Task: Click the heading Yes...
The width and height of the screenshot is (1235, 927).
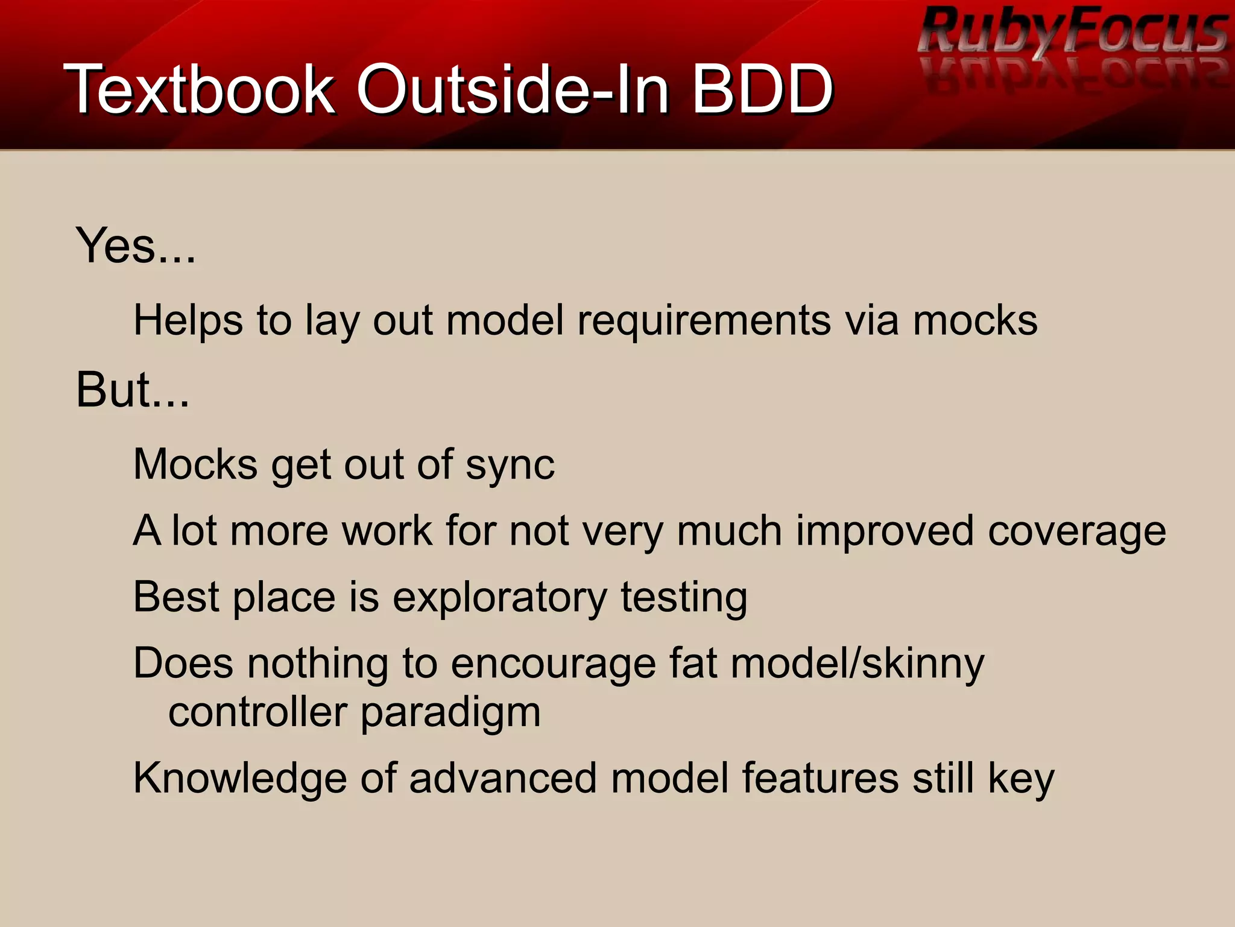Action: [x=135, y=245]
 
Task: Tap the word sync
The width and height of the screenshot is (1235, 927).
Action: [x=510, y=465]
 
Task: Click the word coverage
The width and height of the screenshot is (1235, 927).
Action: [x=1076, y=531]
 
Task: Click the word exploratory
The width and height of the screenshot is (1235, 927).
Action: [x=500, y=598]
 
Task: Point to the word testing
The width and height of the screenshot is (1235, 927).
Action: [x=684, y=598]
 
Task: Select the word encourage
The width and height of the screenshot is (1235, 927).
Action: [x=553, y=664]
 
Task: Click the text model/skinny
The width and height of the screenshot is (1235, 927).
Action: [x=857, y=664]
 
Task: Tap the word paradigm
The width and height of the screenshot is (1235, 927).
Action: [x=450, y=713]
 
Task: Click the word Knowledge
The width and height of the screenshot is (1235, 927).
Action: [x=240, y=779]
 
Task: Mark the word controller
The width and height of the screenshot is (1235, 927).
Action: [x=257, y=712]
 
